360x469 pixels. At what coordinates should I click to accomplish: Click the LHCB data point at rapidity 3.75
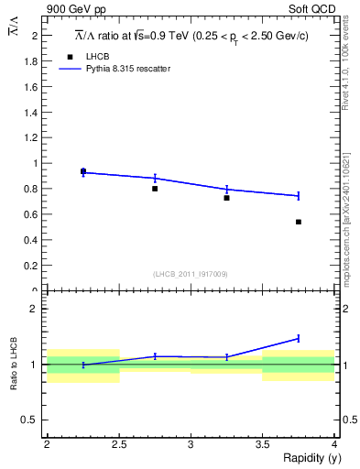point(299,222)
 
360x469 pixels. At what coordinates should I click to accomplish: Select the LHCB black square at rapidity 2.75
point(155,189)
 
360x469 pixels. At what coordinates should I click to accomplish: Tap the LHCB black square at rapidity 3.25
point(226,198)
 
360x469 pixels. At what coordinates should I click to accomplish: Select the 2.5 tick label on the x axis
point(118,444)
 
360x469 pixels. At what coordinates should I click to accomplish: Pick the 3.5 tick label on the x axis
point(263,444)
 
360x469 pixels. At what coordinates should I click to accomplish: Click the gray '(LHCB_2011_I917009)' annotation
point(191,273)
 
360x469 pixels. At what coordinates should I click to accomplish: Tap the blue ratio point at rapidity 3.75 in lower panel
point(299,338)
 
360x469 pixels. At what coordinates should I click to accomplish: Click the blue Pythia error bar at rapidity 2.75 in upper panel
point(155,178)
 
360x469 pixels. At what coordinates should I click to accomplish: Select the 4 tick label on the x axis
point(334,444)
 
